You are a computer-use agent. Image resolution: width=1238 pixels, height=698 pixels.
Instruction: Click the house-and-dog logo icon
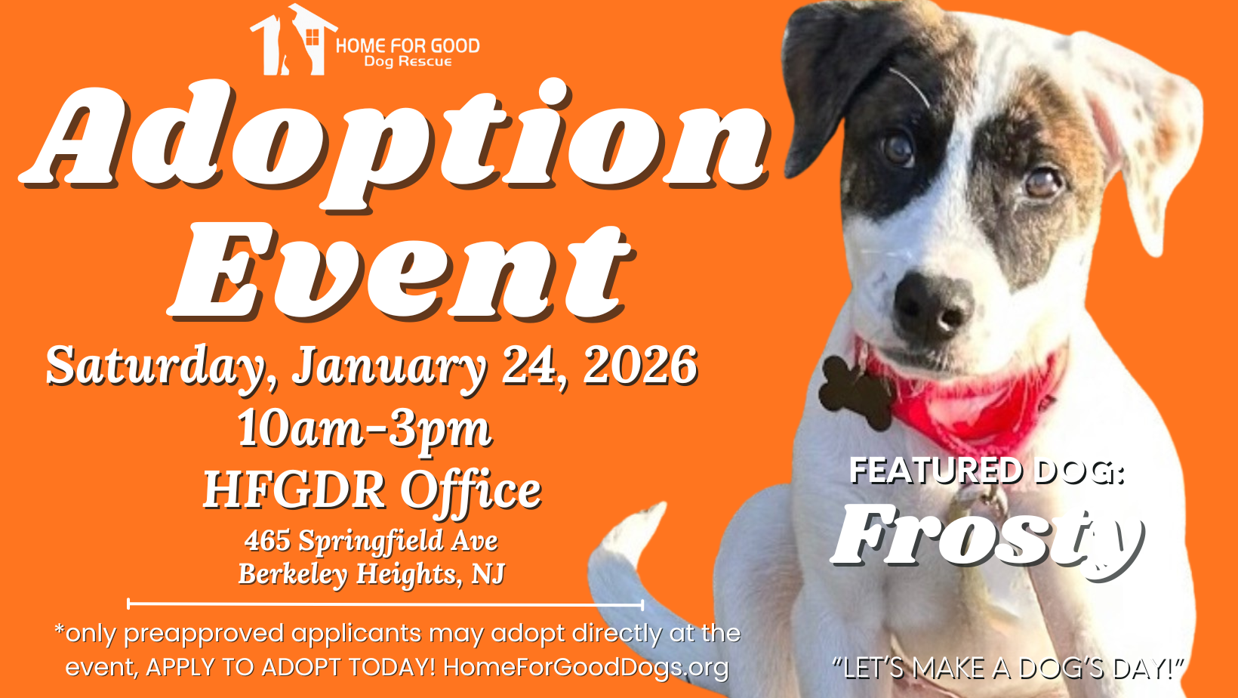click(293, 40)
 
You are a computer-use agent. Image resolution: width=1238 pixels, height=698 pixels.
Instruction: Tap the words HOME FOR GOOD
click(408, 46)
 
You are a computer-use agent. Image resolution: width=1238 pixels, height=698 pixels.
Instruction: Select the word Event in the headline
click(402, 272)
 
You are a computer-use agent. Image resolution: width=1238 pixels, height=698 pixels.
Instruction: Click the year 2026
click(640, 365)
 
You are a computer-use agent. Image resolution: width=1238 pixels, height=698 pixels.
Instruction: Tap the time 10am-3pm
click(364, 429)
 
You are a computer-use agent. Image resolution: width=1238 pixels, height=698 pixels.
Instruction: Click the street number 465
click(267, 540)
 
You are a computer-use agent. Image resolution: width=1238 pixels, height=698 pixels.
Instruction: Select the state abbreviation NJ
click(488, 573)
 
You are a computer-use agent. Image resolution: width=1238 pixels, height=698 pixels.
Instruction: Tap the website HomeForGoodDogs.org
click(586, 666)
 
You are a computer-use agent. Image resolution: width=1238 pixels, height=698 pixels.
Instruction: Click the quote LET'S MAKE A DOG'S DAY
click(1008, 668)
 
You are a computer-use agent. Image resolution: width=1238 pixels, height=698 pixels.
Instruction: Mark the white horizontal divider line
click(385, 604)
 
